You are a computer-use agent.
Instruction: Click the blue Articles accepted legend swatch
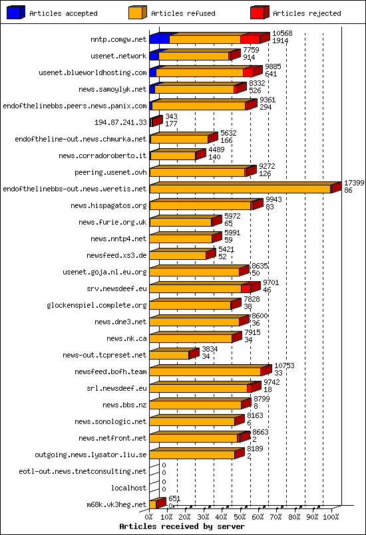coord(15,13)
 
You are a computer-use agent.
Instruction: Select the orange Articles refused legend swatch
coord(137,13)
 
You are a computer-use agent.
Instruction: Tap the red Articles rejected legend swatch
coord(259,13)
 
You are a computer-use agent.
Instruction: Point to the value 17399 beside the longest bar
coord(353,183)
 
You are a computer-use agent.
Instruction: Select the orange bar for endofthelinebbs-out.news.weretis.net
coord(240,189)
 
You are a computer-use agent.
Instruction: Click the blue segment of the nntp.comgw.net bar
coord(159,40)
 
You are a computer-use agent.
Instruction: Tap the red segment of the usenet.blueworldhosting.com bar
coord(248,72)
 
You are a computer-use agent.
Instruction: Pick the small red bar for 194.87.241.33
coord(156,122)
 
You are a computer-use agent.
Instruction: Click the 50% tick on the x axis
coord(240,516)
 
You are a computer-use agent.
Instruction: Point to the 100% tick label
coord(330,516)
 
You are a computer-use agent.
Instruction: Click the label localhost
coord(128,488)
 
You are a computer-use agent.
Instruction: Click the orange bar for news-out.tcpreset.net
coord(169,356)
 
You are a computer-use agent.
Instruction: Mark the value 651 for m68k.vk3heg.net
coord(174,498)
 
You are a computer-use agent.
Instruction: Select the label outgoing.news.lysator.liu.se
coord(91,455)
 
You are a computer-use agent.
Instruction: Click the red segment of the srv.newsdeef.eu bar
coord(246,288)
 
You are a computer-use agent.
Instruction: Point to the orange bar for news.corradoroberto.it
coord(173,156)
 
